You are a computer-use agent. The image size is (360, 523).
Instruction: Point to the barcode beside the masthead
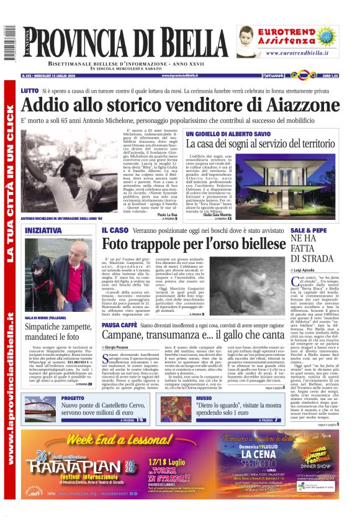pyautogui.click(x=9, y=43)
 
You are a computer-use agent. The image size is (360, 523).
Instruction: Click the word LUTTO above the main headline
pyautogui.click(x=29, y=91)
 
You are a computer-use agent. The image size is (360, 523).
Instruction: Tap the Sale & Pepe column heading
pyautogui.click(x=307, y=230)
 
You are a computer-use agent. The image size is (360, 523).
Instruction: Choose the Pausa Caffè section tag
pyautogui.click(x=119, y=324)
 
